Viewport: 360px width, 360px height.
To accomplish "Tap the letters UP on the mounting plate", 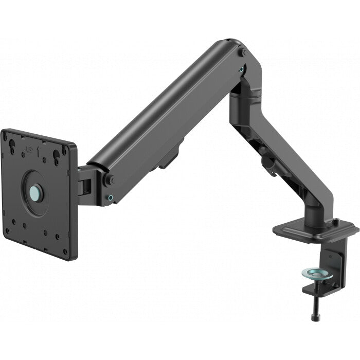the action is [x=29, y=150].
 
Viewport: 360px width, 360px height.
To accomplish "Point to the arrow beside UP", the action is [x=38, y=152].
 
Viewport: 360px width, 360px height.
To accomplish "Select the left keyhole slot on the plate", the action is [x=12, y=146].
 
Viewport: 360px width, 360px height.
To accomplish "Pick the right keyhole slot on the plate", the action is [x=56, y=157].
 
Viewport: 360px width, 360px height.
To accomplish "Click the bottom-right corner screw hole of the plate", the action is [x=65, y=251].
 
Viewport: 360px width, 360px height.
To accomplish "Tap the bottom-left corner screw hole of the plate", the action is [x=7, y=230].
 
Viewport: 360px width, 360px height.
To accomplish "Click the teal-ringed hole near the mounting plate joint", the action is [x=111, y=197].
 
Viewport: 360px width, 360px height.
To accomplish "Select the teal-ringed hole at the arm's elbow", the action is [x=241, y=69].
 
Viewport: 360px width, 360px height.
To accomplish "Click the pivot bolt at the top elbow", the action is [x=243, y=52].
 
